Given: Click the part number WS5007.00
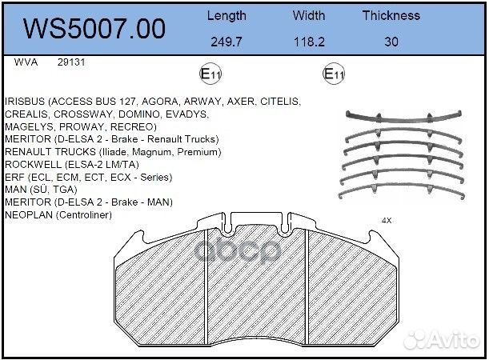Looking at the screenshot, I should point(94,28).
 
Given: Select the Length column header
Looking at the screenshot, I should point(226,15).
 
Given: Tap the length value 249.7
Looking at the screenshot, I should point(226,41).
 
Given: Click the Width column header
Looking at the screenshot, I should point(309,15).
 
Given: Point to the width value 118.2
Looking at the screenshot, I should point(309,41).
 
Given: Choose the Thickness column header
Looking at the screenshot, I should point(391,15).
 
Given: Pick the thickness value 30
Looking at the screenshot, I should point(391,41).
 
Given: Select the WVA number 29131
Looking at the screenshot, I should point(71,62).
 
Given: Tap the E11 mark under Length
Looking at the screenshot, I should point(210,74).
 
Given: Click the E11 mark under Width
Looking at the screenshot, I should point(333,74).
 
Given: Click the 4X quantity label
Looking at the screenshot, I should point(387,220).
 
